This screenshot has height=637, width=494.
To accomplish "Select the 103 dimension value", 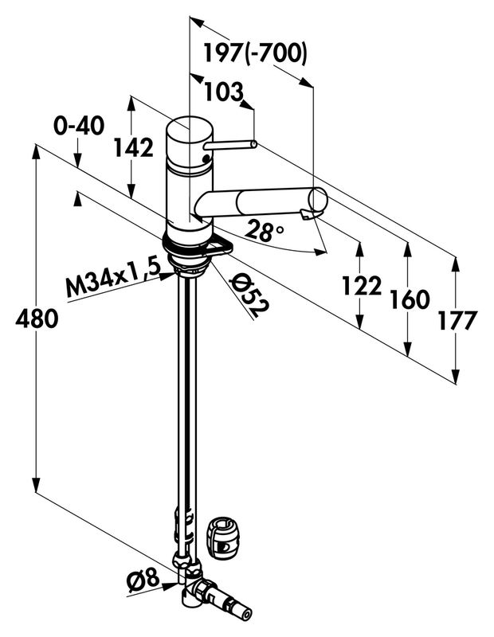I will point(223,92).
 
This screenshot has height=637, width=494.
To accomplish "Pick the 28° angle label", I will point(265,232).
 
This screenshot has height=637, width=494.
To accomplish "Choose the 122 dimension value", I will point(361,285).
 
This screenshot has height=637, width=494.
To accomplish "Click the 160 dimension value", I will point(410,300).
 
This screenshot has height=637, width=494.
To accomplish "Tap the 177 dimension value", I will point(457,320).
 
